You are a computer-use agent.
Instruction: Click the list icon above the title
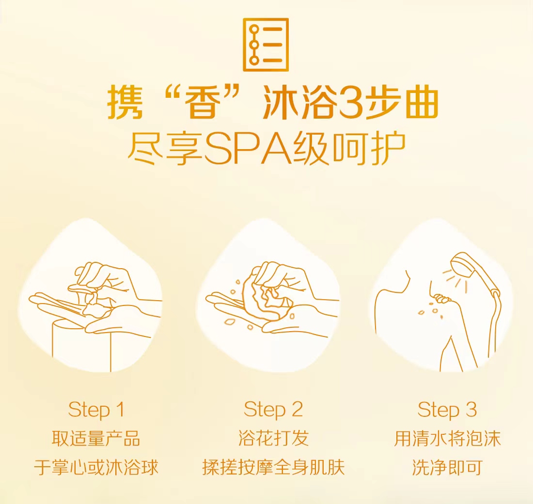tap(266, 45)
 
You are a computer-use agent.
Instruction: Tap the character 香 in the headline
tap(202, 103)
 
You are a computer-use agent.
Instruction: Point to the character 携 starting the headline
tap(125, 103)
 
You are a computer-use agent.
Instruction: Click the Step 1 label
tap(96, 410)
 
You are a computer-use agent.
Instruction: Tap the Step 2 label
tap(273, 410)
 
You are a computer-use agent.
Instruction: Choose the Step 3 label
tap(447, 410)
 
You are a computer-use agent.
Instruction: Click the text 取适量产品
tap(96, 439)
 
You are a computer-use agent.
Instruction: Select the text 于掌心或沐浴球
tap(96, 467)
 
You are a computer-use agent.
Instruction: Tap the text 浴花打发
tap(273, 439)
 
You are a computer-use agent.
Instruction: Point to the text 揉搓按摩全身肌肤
tap(273, 467)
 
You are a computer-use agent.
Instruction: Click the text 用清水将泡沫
tap(447, 439)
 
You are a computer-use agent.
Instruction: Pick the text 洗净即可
tap(447, 467)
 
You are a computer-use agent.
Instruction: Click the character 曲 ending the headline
tap(420, 103)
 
